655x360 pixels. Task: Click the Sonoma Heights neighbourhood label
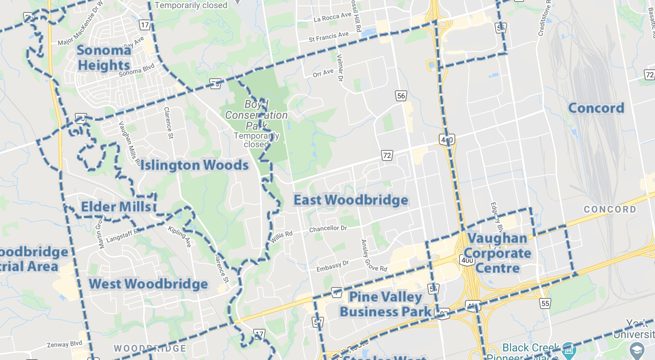(x=104, y=58)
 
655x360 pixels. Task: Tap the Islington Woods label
(x=194, y=165)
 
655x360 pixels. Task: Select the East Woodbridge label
(x=351, y=200)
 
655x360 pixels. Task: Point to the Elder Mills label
(x=116, y=207)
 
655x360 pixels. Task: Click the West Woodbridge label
(x=148, y=284)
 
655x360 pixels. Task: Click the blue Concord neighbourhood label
(x=596, y=108)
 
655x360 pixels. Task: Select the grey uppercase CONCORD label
(x=609, y=210)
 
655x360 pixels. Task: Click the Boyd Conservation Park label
(x=256, y=115)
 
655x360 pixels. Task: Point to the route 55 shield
(x=545, y=304)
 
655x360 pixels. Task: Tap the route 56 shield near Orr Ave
(x=401, y=96)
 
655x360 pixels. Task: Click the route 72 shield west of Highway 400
(x=387, y=155)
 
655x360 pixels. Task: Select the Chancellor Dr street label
(x=328, y=229)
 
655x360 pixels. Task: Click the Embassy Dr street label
(x=332, y=266)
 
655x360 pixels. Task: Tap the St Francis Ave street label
(x=328, y=37)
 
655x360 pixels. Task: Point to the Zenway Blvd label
(x=64, y=344)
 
